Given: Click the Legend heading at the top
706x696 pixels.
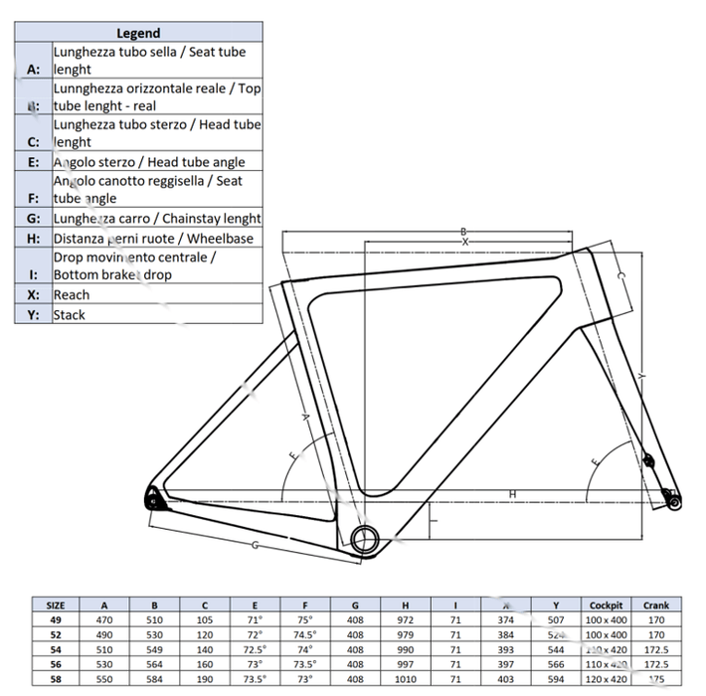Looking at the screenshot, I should pyautogui.click(x=138, y=33).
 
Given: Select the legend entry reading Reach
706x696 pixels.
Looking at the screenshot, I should pyautogui.click(x=72, y=294).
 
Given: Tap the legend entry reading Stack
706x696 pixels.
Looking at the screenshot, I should pyautogui.click(x=70, y=314).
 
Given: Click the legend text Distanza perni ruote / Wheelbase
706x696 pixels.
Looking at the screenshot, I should pyautogui.click(x=153, y=239).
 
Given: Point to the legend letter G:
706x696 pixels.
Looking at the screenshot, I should pyautogui.click(x=33, y=219).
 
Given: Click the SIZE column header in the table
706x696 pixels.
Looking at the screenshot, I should pyautogui.click(x=57, y=605).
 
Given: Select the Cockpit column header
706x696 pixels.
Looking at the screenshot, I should pyautogui.click(x=606, y=605).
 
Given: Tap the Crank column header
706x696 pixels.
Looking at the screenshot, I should pyautogui.click(x=656, y=605).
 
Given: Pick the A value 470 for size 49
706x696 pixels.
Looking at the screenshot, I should pyautogui.click(x=106, y=618).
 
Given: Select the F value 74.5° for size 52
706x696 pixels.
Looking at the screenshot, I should pyautogui.click(x=305, y=633).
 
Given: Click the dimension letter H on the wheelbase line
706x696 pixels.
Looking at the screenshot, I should pyautogui.click(x=512, y=493).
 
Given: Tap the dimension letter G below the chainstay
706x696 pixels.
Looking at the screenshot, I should pyautogui.click(x=256, y=545).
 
